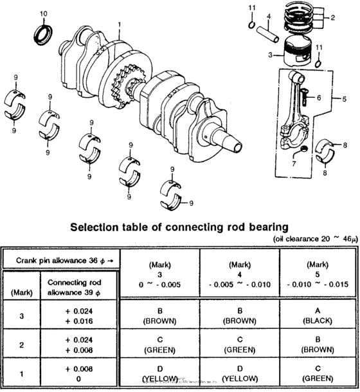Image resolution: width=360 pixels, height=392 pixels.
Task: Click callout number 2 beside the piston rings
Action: pyautogui.click(x=332, y=18)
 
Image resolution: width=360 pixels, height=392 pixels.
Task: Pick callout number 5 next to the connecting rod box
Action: pyautogui.click(x=344, y=99)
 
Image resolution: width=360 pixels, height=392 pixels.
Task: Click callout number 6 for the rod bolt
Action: pyautogui.click(x=318, y=98)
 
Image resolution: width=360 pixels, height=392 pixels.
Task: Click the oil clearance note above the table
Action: pyautogui.click(x=311, y=238)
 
